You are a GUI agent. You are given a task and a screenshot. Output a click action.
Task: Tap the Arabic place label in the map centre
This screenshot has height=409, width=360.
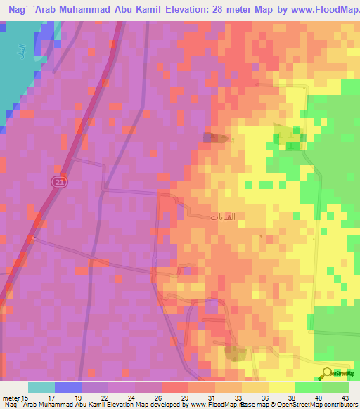218,217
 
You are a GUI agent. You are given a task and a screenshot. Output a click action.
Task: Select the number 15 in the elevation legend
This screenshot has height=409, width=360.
25,398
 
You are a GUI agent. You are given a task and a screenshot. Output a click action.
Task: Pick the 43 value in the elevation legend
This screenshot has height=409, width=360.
345,398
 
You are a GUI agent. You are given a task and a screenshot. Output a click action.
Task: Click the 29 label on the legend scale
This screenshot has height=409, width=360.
184,398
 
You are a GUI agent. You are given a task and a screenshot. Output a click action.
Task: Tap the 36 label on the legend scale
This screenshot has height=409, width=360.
264,398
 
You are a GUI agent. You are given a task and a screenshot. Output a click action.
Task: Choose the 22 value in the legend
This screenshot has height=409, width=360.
104,398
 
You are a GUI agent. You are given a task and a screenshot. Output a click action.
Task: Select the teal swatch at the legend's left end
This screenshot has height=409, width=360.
41,387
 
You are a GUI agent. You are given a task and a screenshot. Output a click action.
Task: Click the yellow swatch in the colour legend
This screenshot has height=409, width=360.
281,387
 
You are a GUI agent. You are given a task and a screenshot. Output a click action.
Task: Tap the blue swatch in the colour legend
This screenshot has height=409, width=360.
68,387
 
